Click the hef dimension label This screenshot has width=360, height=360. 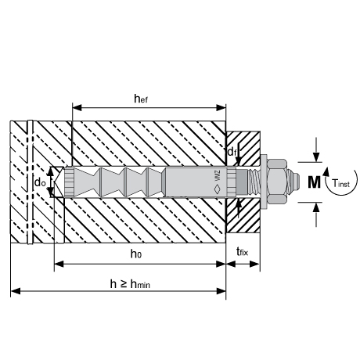coord(141,99)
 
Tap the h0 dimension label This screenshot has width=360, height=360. coord(136,254)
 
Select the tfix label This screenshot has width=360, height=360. coord(242,252)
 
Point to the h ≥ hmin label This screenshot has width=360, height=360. coord(130,284)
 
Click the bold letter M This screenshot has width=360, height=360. coord(314,182)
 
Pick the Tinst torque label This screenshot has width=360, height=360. coord(340,183)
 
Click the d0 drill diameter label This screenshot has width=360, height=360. coord(40,183)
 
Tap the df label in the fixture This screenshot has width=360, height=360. coord(232,151)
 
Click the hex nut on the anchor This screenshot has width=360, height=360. coord(277,182)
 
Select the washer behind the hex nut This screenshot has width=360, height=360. coord(264,182)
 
